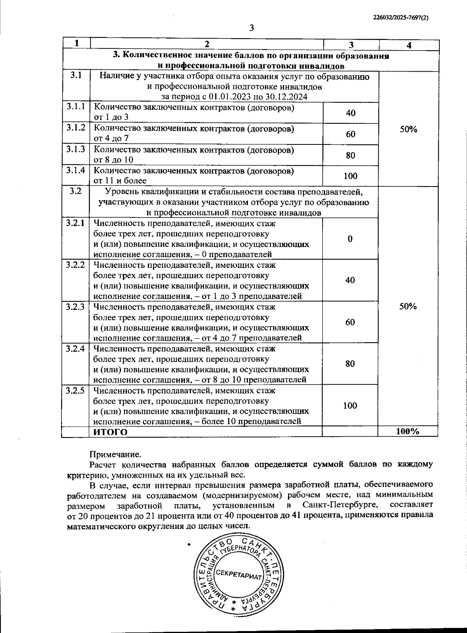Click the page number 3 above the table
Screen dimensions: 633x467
pos(251,28)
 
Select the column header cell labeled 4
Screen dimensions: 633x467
pos(409,45)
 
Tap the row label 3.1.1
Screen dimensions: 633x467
pos(75,106)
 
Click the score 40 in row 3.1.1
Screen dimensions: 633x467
pos(350,113)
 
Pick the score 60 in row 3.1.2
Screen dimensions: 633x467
pos(350,134)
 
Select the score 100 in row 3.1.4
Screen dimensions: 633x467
pos(350,176)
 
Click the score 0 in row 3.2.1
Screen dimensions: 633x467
pos(350,239)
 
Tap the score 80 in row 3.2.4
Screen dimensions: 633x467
pos(350,364)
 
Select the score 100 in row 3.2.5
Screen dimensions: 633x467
pos(350,406)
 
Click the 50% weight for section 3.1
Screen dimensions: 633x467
pos(408,130)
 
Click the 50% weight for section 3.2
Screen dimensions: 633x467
pos(408,306)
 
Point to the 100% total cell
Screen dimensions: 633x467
pos(407,431)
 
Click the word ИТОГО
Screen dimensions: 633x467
pos(111,432)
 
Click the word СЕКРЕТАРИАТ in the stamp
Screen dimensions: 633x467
pos(239,573)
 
